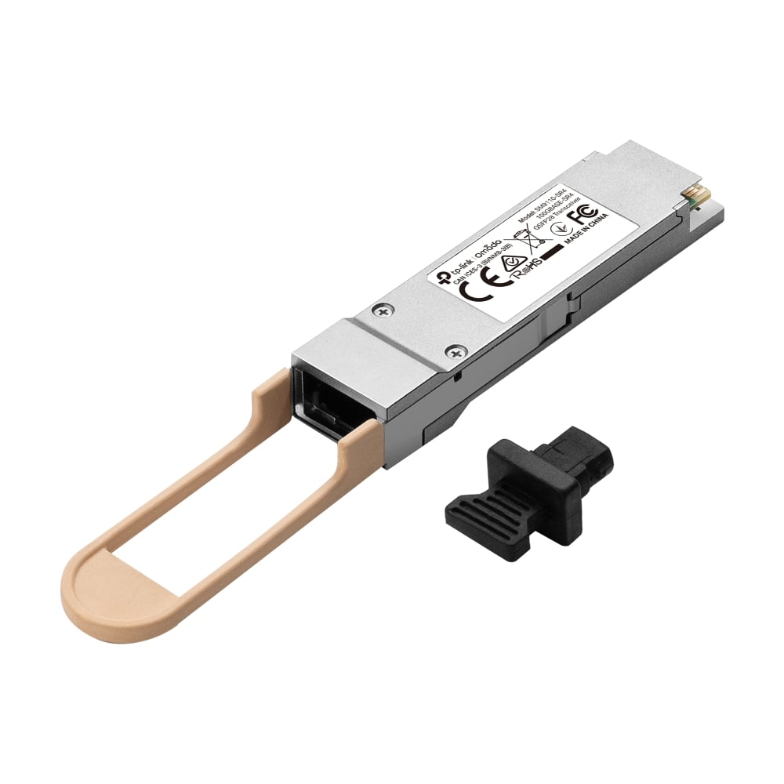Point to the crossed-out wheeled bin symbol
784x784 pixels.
click(x=528, y=238)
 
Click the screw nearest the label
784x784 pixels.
click(x=383, y=311)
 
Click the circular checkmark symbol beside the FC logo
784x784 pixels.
click(x=561, y=228)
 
